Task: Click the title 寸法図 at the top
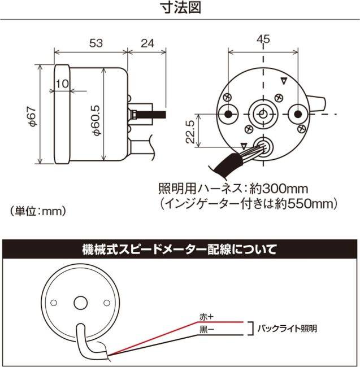[x=180, y=8]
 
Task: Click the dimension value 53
[x=95, y=42]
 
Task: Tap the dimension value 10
[x=62, y=84]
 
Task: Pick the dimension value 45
[x=263, y=39]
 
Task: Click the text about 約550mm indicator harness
[x=249, y=203]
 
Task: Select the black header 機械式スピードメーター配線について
[x=180, y=248]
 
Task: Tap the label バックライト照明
[x=287, y=327]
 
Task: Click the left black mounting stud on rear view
[x=229, y=114]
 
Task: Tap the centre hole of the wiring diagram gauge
[x=79, y=303]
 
